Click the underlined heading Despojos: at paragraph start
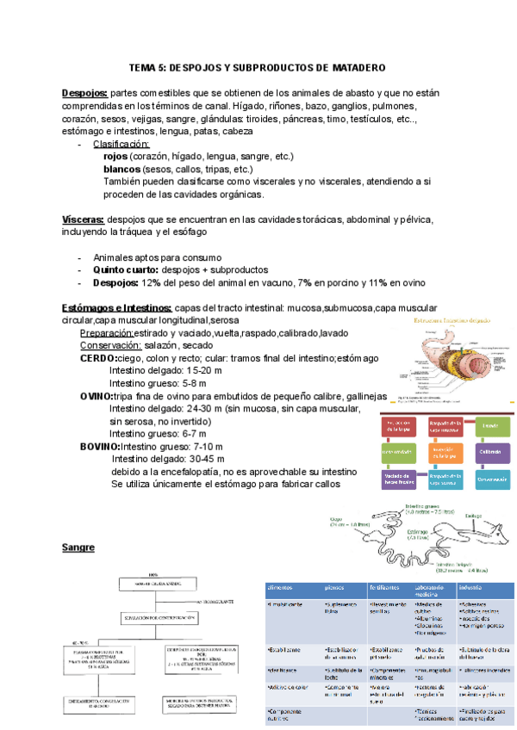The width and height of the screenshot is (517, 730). [84, 93]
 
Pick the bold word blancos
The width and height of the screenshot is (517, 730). [121, 170]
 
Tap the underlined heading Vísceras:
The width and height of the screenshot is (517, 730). [84, 220]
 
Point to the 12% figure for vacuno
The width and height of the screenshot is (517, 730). [152, 282]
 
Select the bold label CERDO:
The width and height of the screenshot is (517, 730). [97, 358]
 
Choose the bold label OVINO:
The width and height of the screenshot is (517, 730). [96, 396]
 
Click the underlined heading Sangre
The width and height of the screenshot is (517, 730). [78, 547]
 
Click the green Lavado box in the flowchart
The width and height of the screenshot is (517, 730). [488, 427]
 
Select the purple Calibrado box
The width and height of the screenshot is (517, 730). [488, 452]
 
